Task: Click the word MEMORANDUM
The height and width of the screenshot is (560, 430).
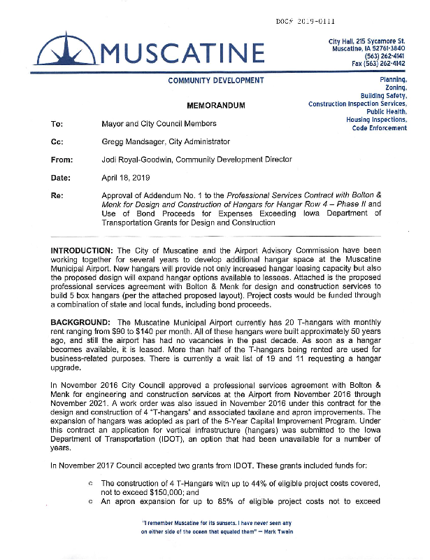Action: (216, 106)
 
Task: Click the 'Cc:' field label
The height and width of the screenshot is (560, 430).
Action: (57, 141)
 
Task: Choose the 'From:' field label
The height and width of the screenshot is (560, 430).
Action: (62, 160)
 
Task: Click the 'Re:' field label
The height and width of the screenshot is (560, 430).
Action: (57, 195)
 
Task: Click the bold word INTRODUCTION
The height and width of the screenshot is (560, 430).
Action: (87, 251)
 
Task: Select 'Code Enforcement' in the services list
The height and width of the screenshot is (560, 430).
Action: (379, 128)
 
